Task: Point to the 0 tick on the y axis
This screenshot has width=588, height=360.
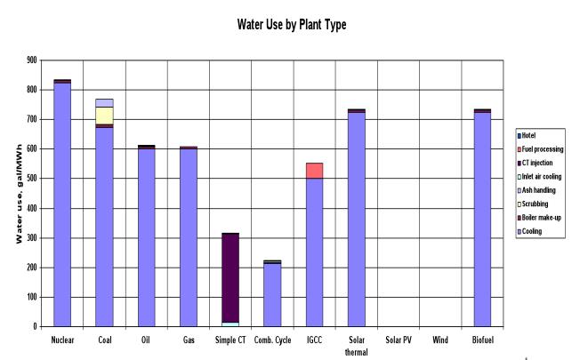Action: [36, 326]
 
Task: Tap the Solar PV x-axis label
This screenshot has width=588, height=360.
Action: [398, 340]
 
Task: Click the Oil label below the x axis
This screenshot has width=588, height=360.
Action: [146, 340]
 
